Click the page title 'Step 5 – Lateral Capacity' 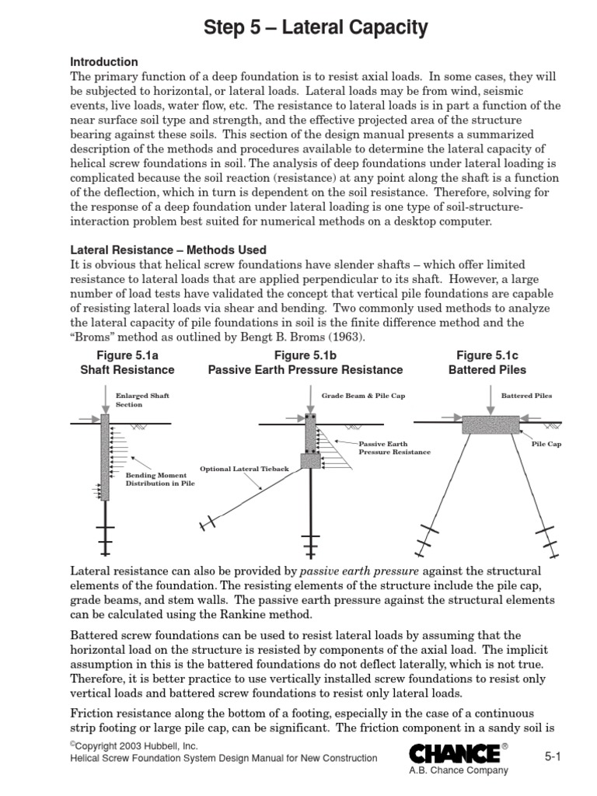[x=316, y=29]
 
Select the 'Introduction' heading [x=104, y=61]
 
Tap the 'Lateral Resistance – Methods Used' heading [x=169, y=250]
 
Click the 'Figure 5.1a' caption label [x=127, y=355]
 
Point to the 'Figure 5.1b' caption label [x=305, y=355]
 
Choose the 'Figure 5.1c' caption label [x=487, y=355]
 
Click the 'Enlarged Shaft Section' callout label [x=142, y=400]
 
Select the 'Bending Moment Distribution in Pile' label [x=160, y=478]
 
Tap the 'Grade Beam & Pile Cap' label [x=363, y=396]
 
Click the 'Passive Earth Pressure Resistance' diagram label [x=394, y=447]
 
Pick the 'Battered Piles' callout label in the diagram [x=526, y=396]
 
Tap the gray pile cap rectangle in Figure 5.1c [x=490, y=424]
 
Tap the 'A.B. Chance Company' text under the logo [x=458, y=770]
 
